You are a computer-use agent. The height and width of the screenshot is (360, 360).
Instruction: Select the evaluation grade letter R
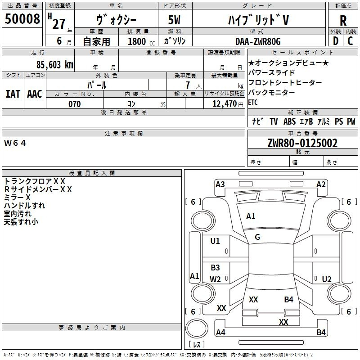(343, 21)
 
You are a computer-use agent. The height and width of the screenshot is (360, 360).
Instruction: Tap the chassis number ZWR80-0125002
(302, 144)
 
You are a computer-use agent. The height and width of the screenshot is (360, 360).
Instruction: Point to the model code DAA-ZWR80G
(258, 41)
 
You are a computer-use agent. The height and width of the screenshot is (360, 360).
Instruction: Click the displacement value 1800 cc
(139, 41)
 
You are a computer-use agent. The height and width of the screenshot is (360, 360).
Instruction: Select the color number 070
(74, 104)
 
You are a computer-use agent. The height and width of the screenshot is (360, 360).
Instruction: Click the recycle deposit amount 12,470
(224, 104)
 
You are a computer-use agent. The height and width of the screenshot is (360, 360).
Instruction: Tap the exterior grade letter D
(335, 41)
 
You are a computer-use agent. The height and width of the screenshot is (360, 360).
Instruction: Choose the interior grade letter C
(350, 41)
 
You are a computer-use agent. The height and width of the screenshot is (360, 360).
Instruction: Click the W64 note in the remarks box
(15, 143)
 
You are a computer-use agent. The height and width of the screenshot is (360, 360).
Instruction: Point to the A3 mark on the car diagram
(220, 184)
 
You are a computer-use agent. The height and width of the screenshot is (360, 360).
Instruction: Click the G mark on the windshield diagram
(257, 237)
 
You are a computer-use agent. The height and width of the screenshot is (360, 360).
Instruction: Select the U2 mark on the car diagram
(327, 279)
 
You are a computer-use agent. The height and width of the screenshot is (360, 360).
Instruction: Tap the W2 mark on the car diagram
(216, 279)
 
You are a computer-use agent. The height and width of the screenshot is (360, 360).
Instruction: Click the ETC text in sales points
(253, 102)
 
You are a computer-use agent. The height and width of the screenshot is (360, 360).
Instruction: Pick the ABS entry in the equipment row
(289, 121)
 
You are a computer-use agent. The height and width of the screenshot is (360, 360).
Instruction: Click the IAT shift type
(13, 94)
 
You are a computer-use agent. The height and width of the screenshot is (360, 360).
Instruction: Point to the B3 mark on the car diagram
(216, 268)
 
